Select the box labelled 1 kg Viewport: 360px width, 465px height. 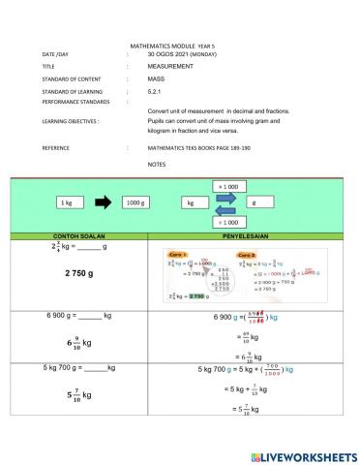pos(66,203)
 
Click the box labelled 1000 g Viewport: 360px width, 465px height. pos(135,203)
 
